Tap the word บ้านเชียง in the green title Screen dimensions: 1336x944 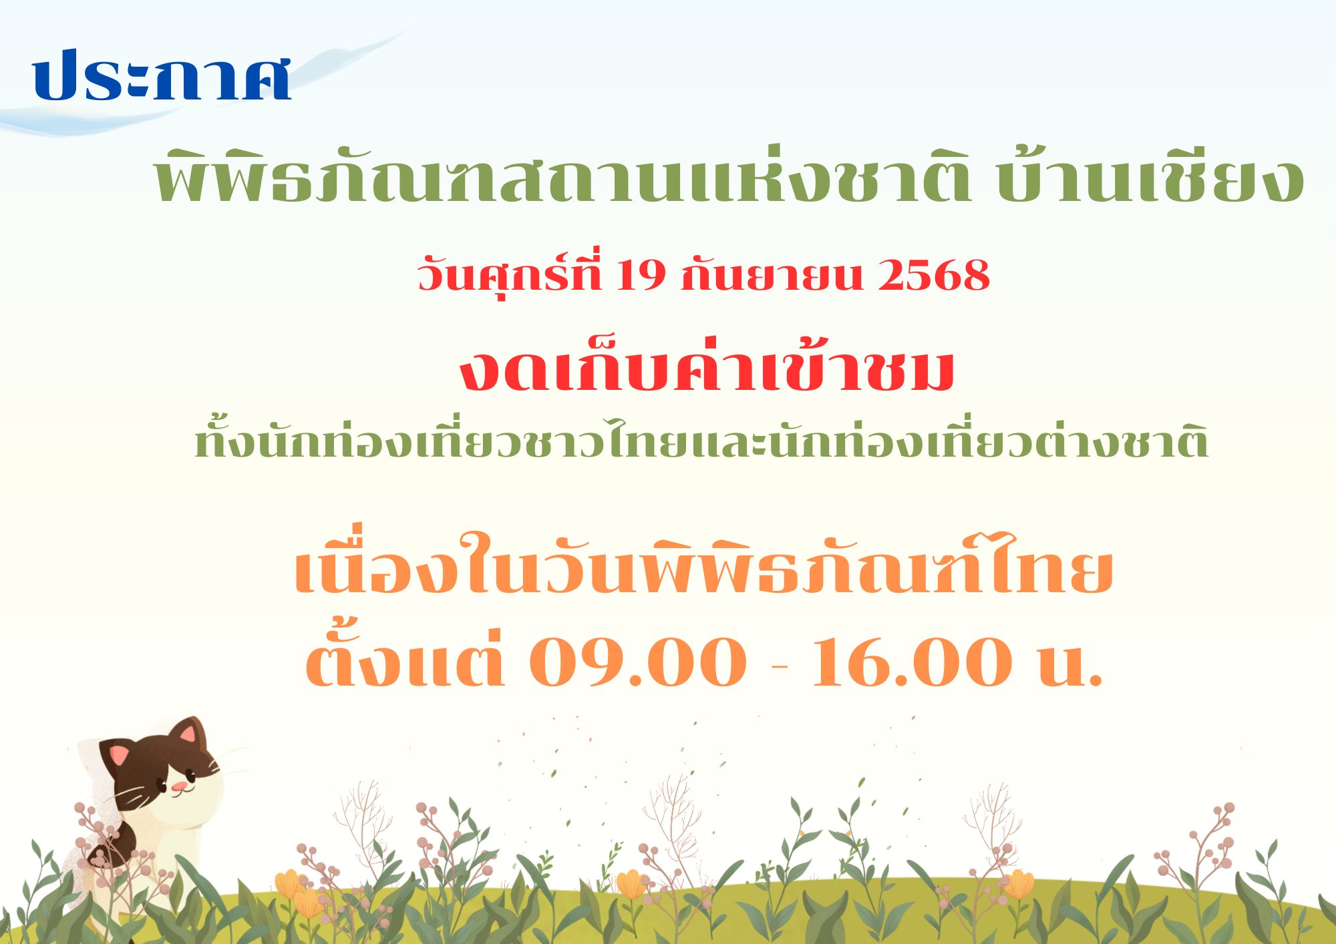pos(1150,176)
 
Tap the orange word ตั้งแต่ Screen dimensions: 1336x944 pos(405,658)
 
